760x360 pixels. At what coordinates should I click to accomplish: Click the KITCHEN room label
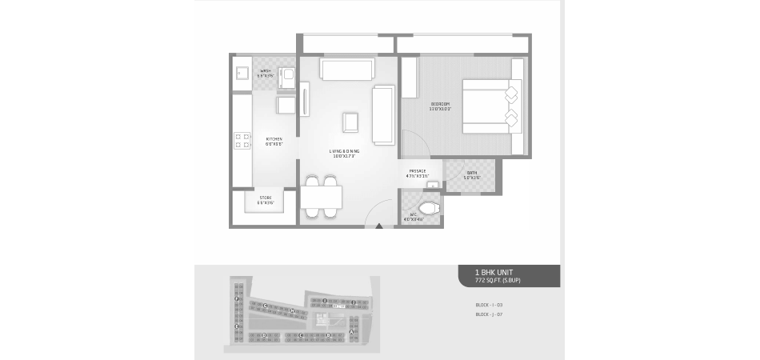(x=274, y=142)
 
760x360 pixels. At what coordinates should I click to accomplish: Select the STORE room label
(x=265, y=200)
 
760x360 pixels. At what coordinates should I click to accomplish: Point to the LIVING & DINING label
(x=344, y=153)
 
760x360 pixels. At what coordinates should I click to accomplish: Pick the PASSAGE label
(x=418, y=173)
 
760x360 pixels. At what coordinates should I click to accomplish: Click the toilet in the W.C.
(x=430, y=210)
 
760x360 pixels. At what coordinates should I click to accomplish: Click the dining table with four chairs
(x=322, y=197)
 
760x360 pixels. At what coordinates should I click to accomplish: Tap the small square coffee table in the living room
(x=351, y=122)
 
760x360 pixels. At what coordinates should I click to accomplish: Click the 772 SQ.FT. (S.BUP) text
(x=498, y=282)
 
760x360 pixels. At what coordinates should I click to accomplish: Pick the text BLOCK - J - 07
(x=489, y=314)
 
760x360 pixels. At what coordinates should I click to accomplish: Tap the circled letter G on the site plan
(x=264, y=306)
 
